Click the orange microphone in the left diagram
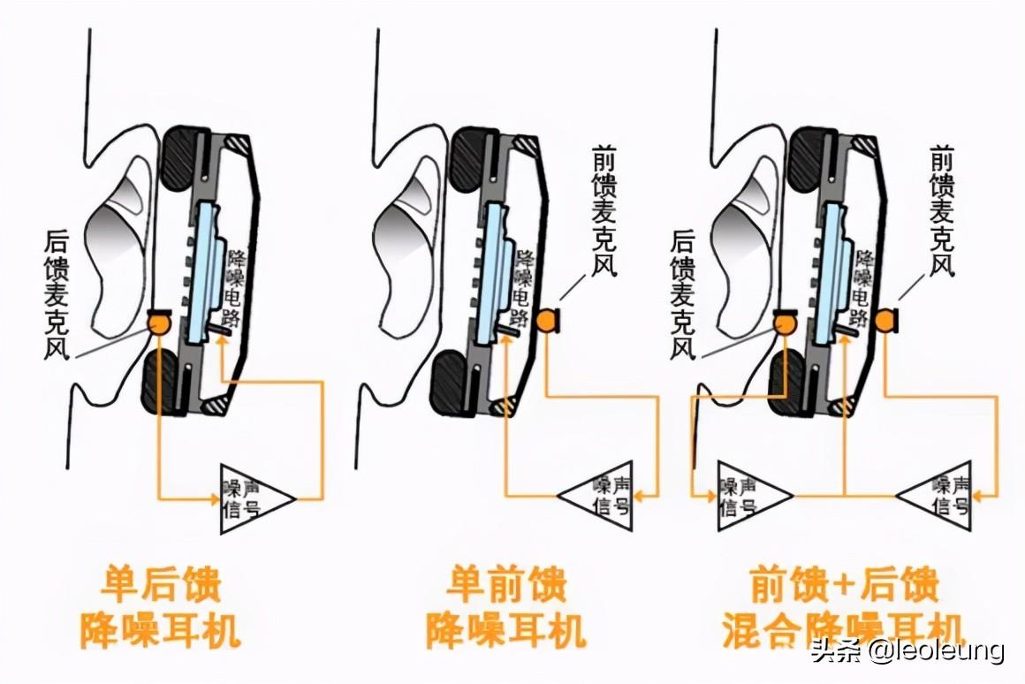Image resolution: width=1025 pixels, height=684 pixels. (x=159, y=323)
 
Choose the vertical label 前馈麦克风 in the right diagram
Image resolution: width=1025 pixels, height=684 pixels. (x=942, y=210)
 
